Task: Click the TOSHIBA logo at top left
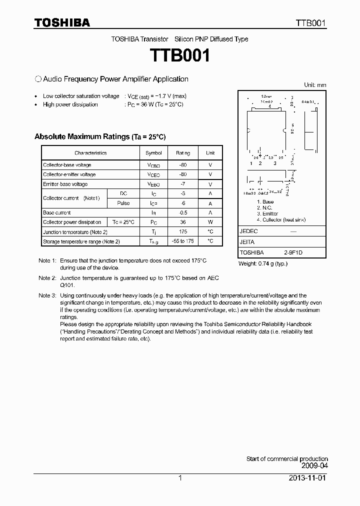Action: coord(62,22)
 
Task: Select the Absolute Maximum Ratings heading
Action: coord(99,136)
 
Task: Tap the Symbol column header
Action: coord(153,153)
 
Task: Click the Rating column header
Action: coord(183,153)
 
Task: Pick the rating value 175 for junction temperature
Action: coord(183,232)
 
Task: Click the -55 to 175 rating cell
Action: coord(183,241)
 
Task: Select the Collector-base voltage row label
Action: coord(67,165)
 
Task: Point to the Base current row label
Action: coord(57,213)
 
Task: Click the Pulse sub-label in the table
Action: coord(123,203)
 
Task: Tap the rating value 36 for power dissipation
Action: coord(183,222)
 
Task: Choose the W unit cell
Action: coord(210,222)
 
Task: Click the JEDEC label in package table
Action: coord(248,231)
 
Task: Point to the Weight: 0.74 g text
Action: coord(262,263)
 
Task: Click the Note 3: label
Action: coord(47,296)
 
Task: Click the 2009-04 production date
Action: coord(313,465)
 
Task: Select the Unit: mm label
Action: coord(315,85)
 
